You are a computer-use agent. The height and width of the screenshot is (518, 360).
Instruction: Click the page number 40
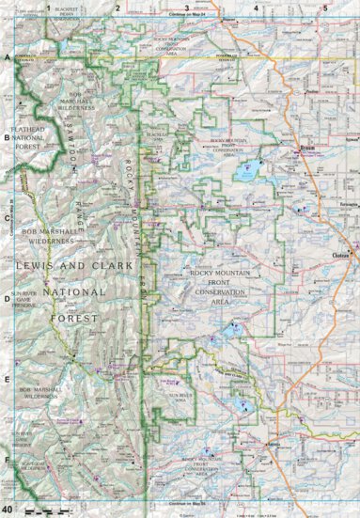8,509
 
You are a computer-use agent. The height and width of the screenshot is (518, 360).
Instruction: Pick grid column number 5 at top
324,8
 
